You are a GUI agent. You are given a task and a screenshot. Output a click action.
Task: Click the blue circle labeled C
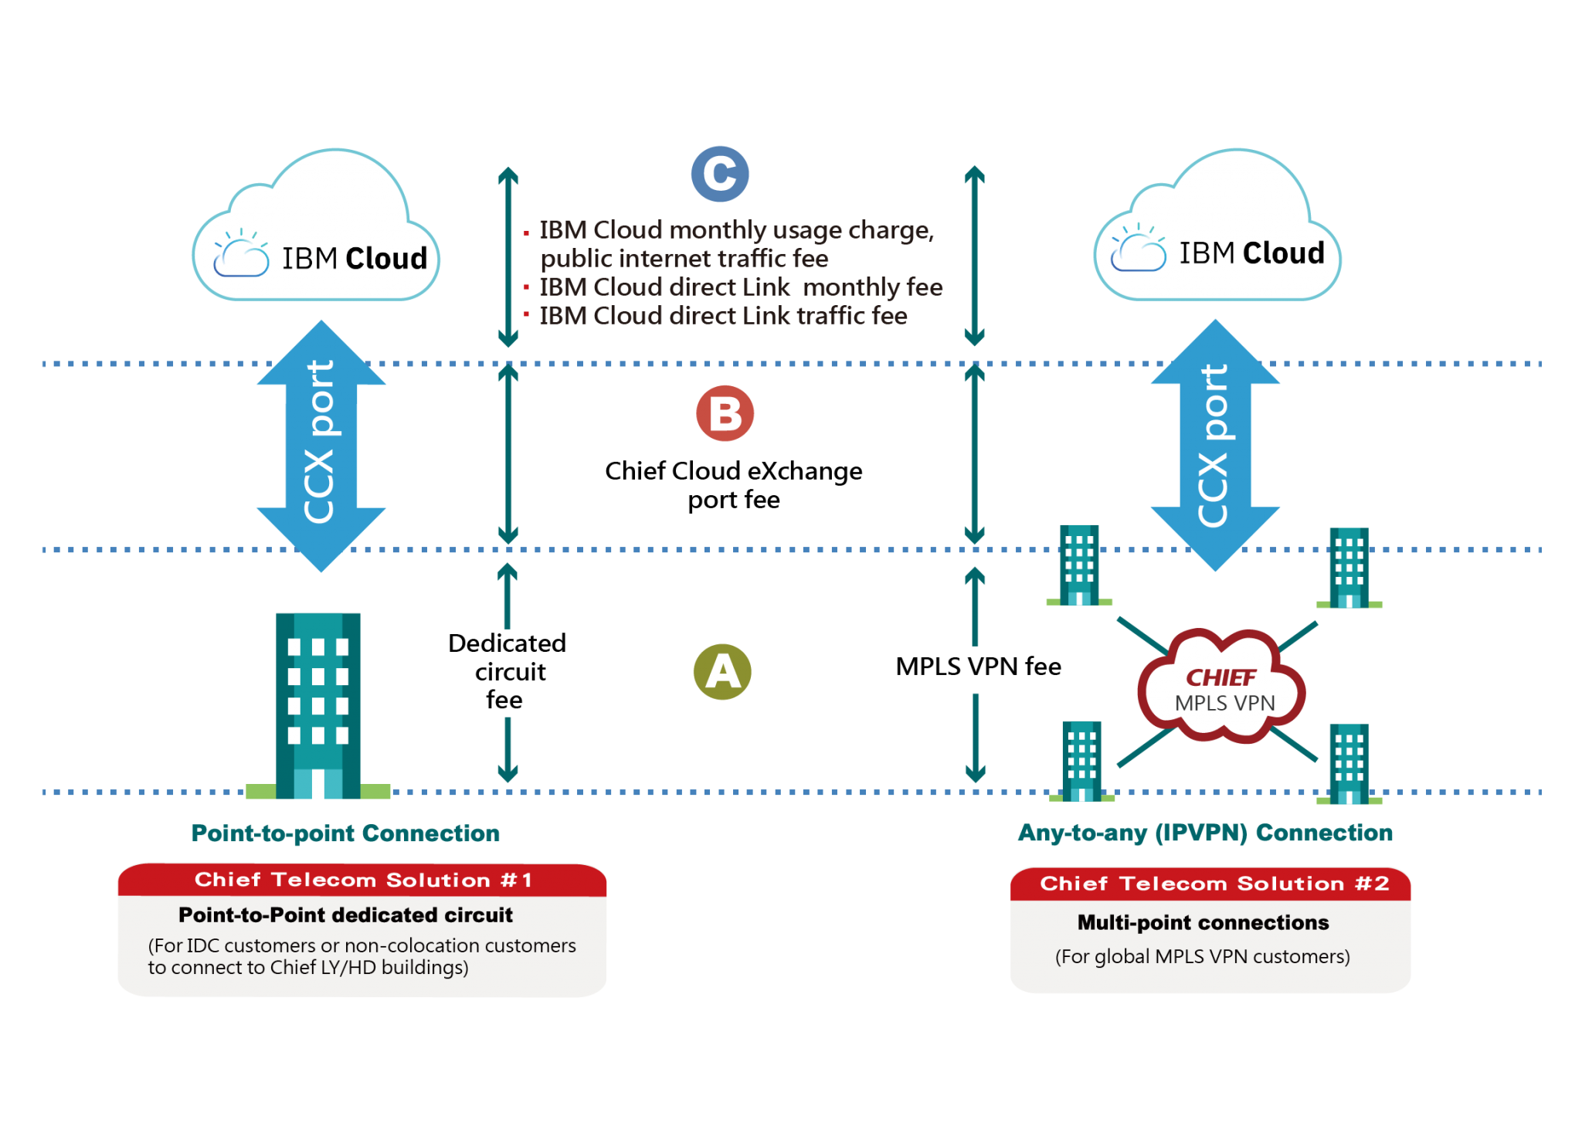(720, 175)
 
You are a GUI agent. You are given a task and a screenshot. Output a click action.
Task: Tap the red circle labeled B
(725, 414)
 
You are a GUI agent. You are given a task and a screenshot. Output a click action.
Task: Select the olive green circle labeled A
(722, 672)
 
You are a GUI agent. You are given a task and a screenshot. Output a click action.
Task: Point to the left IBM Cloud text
(355, 258)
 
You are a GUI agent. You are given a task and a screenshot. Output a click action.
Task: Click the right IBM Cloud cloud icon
(1138, 249)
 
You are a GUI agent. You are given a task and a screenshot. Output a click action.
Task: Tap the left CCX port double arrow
(321, 446)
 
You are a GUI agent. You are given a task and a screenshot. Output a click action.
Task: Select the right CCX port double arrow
(1214, 446)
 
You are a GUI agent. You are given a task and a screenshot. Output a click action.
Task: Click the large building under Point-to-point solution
(317, 704)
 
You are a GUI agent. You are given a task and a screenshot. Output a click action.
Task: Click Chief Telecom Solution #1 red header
(362, 881)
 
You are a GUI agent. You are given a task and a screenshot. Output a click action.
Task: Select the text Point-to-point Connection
(345, 833)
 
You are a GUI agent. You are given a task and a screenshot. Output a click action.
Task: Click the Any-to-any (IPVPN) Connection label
(1205, 833)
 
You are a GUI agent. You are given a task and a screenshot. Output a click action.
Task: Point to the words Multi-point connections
(1203, 923)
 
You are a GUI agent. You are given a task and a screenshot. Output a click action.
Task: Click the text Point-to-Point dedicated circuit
(345, 915)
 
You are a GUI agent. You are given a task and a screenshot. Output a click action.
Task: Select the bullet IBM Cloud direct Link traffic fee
(723, 316)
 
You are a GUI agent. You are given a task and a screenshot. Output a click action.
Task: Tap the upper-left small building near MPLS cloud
(1079, 565)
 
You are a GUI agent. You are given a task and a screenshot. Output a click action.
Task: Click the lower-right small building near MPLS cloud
(1349, 764)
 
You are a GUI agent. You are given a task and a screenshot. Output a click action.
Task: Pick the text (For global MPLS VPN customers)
(1203, 957)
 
